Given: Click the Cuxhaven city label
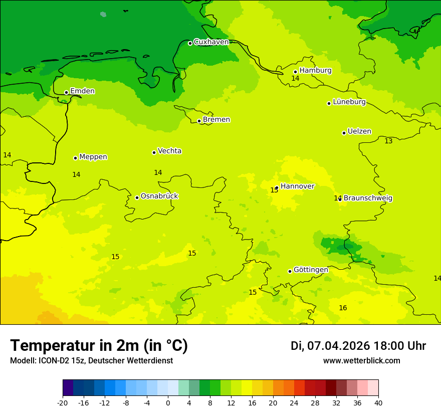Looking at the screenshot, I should pyautogui.click(x=211, y=42).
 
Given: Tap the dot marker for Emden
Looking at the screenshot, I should pyautogui.click(x=66, y=92).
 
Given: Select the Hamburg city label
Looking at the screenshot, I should pyautogui.click(x=315, y=71).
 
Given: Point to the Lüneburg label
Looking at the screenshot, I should pyautogui.click(x=349, y=102).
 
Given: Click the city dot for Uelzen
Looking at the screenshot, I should pyautogui.click(x=344, y=133).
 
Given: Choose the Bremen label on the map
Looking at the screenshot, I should pyautogui.click(x=216, y=120).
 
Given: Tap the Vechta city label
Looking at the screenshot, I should pyautogui.click(x=169, y=151).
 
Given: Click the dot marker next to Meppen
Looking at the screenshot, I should pyautogui.click(x=75, y=158).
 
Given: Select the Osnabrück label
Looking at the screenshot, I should pyautogui.click(x=159, y=196).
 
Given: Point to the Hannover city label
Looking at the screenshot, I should pyautogui.click(x=297, y=186).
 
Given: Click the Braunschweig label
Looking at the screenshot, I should pyautogui.click(x=368, y=198).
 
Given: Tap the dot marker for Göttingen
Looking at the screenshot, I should pyautogui.click(x=290, y=271).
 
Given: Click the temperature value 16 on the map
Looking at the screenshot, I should pyautogui.click(x=343, y=308).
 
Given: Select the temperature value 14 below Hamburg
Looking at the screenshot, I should pyautogui.click(x=295, y=79).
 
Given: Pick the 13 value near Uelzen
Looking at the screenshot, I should pyautogui.click(x=388, y=141).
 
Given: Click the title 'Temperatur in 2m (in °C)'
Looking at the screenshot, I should pyautogui.click(x=99, y=346).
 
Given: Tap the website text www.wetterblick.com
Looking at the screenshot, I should pyautogui.click(x=361, y=361).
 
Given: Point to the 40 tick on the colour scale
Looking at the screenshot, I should pyautogui.click(x=378, y=402).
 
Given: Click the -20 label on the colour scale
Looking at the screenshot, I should pyautogui.click(x=63, y=402).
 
